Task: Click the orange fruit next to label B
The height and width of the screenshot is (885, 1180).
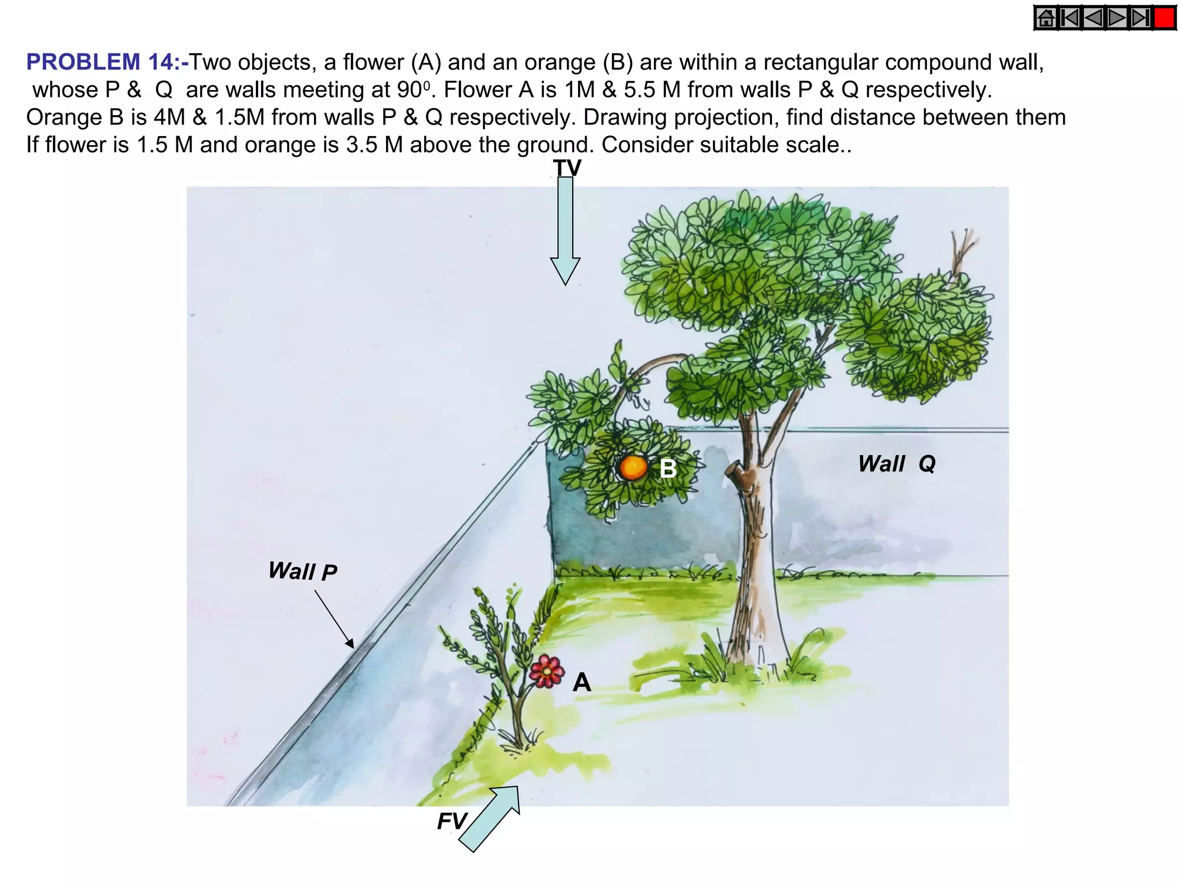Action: (x=633, y=467)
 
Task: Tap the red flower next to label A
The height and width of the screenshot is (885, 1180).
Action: (x=546, y=671)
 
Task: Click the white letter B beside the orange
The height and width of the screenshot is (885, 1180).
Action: (x=668, y=469)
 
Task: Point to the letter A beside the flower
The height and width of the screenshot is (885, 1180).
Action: (x=581, y=683)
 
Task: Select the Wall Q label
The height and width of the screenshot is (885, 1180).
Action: (x=897, y=464)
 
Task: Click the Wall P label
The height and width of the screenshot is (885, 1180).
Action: (x=302, y=572)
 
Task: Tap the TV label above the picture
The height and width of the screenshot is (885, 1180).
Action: (x=567, y=168)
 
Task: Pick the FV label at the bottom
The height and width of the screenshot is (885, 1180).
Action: (x=451, y=821)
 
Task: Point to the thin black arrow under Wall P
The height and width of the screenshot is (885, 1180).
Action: (x=334, y=619)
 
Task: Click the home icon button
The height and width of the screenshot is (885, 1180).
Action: (x=1046, y=18)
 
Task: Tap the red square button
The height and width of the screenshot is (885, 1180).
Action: (x=1164, y=18)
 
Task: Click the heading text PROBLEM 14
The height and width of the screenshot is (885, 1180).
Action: (x=107, y=62)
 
